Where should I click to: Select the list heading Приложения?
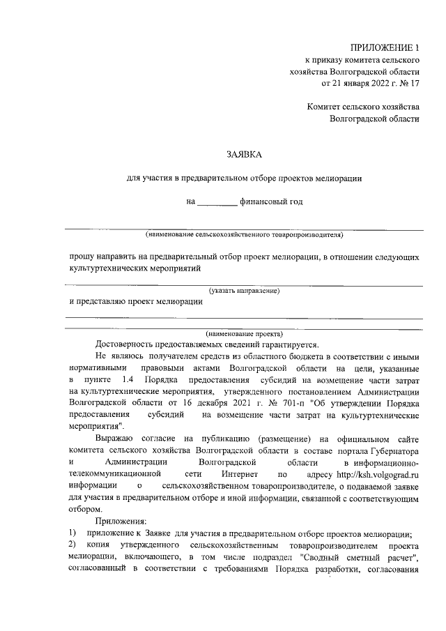click(x=121, y=522)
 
